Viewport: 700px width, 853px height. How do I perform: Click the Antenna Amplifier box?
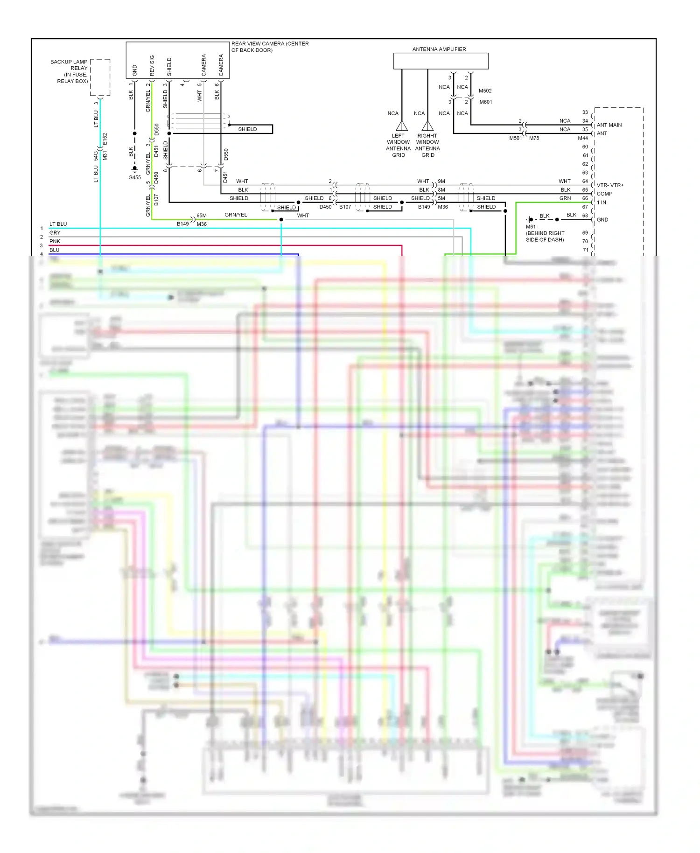[441, 61]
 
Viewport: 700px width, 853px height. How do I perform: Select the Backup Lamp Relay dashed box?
[100, 77]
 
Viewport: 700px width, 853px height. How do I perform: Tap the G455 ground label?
[134, 177]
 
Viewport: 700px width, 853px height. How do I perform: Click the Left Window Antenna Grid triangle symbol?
[402, 126]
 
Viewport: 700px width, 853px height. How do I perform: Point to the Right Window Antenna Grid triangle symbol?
[427, 126]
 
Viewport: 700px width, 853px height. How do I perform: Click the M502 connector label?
[485, 91]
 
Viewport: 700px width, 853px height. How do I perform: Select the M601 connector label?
[485, 102]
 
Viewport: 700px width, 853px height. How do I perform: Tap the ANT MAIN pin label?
[609, 125]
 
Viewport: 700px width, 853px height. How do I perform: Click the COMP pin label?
[604, 194]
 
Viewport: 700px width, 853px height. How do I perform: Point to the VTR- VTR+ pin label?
[610, 185]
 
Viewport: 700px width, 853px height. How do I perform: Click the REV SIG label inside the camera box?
[152, 66]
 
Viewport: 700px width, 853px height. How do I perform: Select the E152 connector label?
[105, 139]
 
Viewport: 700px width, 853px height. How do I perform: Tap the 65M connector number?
[202, 216]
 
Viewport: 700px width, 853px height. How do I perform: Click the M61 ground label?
[531, 227]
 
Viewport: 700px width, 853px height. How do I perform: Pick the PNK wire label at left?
[55, 241]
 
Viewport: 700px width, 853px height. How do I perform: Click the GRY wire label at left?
[55, 233]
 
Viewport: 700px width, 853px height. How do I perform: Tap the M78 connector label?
[534, 138]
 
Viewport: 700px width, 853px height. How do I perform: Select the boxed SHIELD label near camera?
[247, 129]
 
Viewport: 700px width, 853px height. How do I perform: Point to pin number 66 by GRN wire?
[585, 198]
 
